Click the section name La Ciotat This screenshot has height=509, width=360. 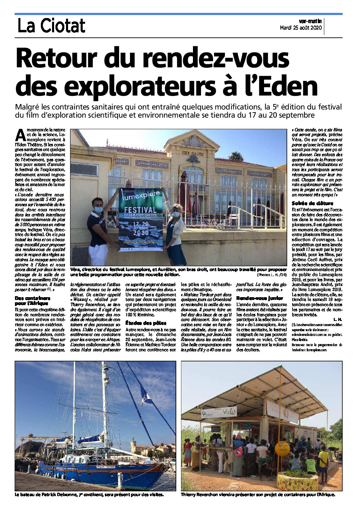(51, 26)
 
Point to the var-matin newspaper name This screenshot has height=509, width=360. (310, 21)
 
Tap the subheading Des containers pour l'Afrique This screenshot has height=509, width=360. (32, 301)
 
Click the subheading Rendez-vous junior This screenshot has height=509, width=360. (260, 298)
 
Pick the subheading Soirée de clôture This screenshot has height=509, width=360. (312, 203)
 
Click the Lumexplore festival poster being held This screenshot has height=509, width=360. (140, 219)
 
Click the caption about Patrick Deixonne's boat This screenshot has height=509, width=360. (89, 495)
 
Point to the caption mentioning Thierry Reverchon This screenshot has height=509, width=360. (258, 495)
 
